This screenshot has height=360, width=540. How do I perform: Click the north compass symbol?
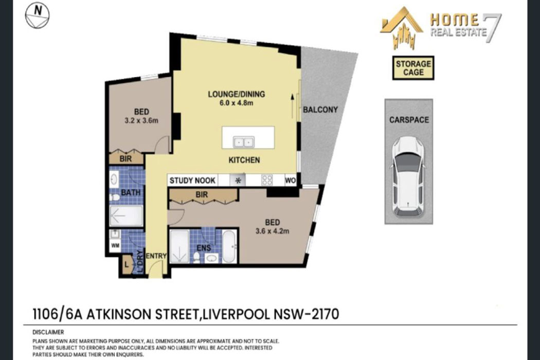click(37, 14)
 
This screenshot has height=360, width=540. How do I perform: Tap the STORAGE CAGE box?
click(413, 68)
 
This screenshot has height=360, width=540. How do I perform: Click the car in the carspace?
click(408, 176)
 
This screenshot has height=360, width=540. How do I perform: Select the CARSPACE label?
click(408, 120)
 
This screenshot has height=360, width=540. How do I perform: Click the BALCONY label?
click(320, 110)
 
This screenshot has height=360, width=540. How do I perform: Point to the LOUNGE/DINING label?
click(236, 94)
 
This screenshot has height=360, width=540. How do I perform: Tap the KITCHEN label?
click(244, 160)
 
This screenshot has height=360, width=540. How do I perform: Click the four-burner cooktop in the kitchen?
click(267, 181)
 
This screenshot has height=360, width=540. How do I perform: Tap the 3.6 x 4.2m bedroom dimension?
click(272, 231)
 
